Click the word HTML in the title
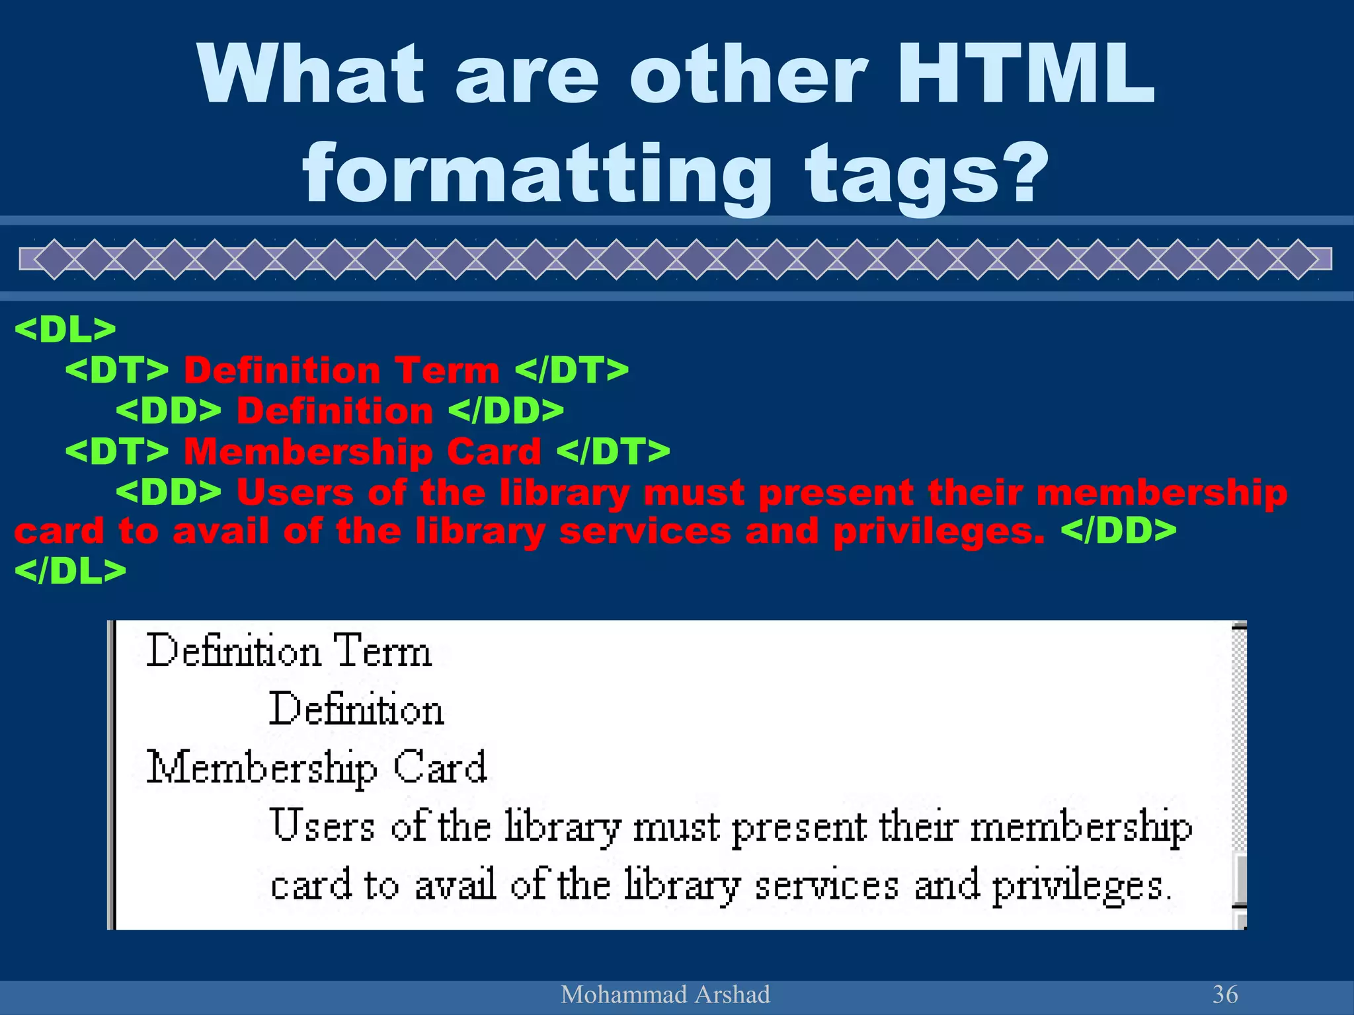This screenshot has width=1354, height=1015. pyautogui.click(x=1025, y=75)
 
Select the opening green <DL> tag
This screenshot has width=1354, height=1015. pyautogui.click(x=65, y=329)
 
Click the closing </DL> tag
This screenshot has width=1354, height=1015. pyautogui.click(x=70, y=571)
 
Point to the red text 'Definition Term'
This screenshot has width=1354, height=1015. pyautogui.click(x=341, y=370)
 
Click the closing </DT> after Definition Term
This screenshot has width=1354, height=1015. pyautogui.click(x=571, y=370)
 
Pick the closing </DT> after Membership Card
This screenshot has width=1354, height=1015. pyautogui.click(x=613, y=452)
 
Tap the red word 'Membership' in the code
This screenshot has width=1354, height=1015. pyautogui.click(x=307, y=452)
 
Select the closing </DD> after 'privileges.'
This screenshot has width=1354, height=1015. pyautogui.click(x=1118, y=531)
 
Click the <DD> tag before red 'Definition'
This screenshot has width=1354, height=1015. pyautogui.click(x=169, y=411)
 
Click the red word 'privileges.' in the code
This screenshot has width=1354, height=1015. pyautogui.click(x=939, y=531)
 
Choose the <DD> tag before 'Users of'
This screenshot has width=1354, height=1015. pyautogui.click(x=169, y=493)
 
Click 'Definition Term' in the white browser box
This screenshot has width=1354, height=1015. pyautogui.click(x=289, y=652)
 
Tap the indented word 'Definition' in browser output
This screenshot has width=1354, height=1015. pyautogui.click(x=356, y=710)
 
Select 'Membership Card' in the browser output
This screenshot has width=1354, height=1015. pyautogui.click(x=316, y=768)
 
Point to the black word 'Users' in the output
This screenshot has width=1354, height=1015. pyautogui.click(x=323, y=826)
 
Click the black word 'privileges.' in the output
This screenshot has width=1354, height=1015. pyautogui.click(x=1082, y=885)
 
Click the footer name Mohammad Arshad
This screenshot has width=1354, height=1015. pyautogui.click(x=665, y=995)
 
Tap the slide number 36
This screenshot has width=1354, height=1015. pyautogui.click(x=1224, y=995)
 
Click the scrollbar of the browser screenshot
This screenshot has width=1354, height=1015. pyautogui.click(x=1240, y=760)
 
